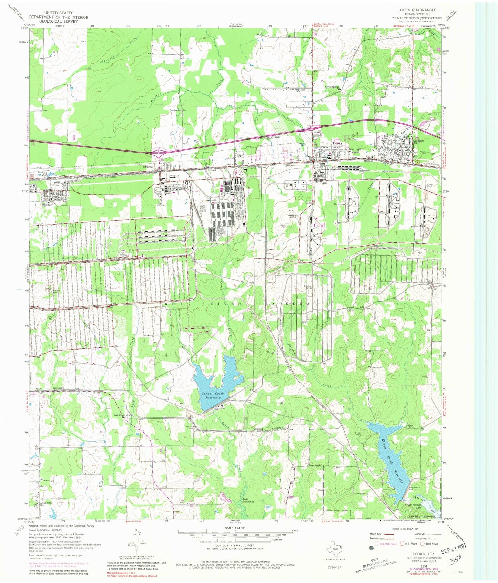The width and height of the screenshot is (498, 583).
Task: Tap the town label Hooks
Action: point(337,143)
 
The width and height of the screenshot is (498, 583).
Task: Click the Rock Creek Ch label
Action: point(119,415)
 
